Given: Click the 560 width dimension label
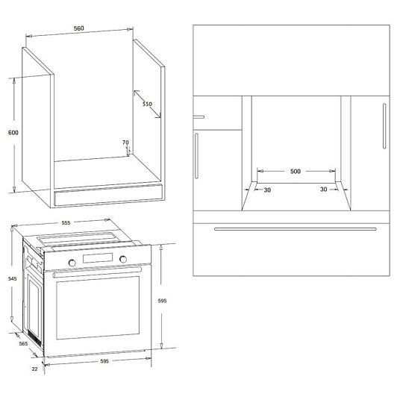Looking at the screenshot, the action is (x=79, y=28).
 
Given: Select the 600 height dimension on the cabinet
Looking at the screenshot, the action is (x=13, y=133).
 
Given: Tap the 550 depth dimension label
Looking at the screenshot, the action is (x=147, y=104).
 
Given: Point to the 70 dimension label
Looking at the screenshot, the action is (x=125, y=143).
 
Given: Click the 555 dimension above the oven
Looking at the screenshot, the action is (x=66, y=223).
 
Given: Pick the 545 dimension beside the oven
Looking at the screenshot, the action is (x=13, y=279).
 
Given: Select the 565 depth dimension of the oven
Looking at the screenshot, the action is (x=23, y=343).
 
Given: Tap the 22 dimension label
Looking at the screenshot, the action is (x=34, y=369).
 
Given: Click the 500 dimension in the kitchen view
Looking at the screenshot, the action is (x=296, y=172).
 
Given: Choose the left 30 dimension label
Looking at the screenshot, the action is (x=267, y=190).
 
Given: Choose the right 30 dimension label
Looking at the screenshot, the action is (x=324, y=190).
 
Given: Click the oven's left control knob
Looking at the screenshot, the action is (x=72, y=263).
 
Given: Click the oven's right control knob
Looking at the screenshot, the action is (x=123, y=259).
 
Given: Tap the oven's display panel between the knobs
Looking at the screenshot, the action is (x=98, y=258).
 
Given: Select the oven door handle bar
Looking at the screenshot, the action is (x=97, y=272).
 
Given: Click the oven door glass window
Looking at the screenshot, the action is (x=98, y=308).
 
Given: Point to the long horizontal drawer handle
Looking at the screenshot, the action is (x=296, y=229).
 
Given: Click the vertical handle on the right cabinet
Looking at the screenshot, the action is (x=384, y=126).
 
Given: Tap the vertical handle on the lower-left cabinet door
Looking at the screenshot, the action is (x=196, y=156).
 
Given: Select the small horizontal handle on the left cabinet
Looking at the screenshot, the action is (x=198, y=117).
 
